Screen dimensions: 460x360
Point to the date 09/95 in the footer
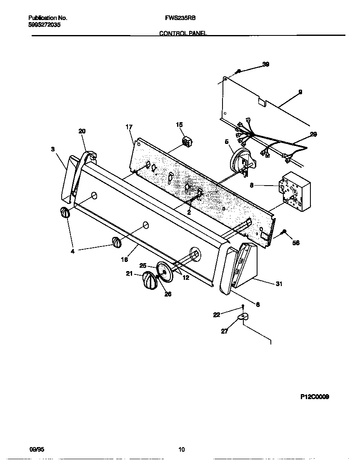click(37, 450)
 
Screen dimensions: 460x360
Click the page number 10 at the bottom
click(181, 450)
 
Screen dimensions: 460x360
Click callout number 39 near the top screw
click(265, 64)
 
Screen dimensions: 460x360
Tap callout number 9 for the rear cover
click(300, 92)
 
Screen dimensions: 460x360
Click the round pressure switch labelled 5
click(239, 162)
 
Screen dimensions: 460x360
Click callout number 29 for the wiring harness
click(313, 134)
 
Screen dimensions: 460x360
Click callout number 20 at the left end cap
click(82, 131)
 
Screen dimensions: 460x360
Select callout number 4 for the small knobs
click(72, 251)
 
